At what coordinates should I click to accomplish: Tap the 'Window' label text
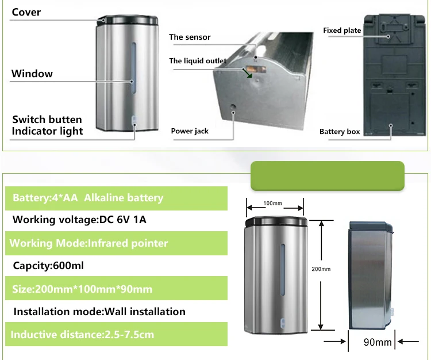(32, 74)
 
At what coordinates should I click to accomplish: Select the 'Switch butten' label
(47, 120)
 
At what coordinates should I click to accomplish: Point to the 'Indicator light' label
(48, 131)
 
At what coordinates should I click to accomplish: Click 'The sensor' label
(190, 37)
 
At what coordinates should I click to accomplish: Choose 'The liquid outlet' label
(198, 61)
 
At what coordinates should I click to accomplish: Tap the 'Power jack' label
(190, 131)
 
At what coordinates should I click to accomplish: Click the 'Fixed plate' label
(342, 30)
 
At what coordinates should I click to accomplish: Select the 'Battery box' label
(340, 132)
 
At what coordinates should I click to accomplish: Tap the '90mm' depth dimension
(377, 343)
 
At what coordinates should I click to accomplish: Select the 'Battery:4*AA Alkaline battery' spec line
(88, 198)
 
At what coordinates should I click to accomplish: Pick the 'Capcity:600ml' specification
(49, 266)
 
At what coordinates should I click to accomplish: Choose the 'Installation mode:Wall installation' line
(99, 312)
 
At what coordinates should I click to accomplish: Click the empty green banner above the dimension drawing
(328, 176)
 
